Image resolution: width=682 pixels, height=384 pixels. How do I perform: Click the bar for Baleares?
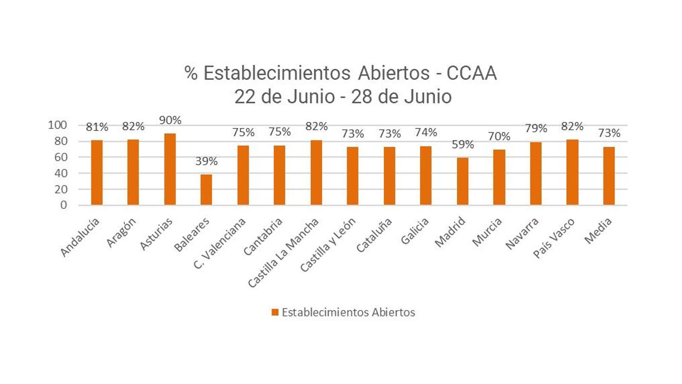(206, 190)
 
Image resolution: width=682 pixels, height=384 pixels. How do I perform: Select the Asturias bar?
(170, 169)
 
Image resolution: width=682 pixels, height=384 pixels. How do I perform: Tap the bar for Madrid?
(462, 181)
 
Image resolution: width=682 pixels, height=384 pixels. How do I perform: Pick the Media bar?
(609, 176)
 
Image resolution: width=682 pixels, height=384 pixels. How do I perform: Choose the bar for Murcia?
(499, 177)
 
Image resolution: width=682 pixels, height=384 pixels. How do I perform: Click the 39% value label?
(206, 161)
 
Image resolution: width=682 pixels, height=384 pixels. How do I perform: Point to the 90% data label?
(170, 120)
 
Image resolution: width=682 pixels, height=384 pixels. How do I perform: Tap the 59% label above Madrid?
(462, 145)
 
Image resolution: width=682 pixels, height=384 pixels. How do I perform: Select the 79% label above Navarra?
(536, 128)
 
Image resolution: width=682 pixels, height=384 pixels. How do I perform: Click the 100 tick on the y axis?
(58, 125)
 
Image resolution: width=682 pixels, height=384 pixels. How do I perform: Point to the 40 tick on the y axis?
(61, 173)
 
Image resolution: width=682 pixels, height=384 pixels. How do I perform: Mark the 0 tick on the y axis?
(64, 205)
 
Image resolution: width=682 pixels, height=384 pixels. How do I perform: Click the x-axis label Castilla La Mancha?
(283, 252)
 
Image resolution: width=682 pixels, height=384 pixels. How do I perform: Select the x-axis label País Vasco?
(554, 237)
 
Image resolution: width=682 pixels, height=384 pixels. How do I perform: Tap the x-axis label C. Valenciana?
(220, 243)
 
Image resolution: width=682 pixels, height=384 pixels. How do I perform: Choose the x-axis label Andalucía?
(80, 237)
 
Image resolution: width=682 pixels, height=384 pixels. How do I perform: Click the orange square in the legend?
(275, 312)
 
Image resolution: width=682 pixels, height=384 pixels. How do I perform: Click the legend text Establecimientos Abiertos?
(348, 312)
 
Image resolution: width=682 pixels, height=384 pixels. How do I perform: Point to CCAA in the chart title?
(471, 73)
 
